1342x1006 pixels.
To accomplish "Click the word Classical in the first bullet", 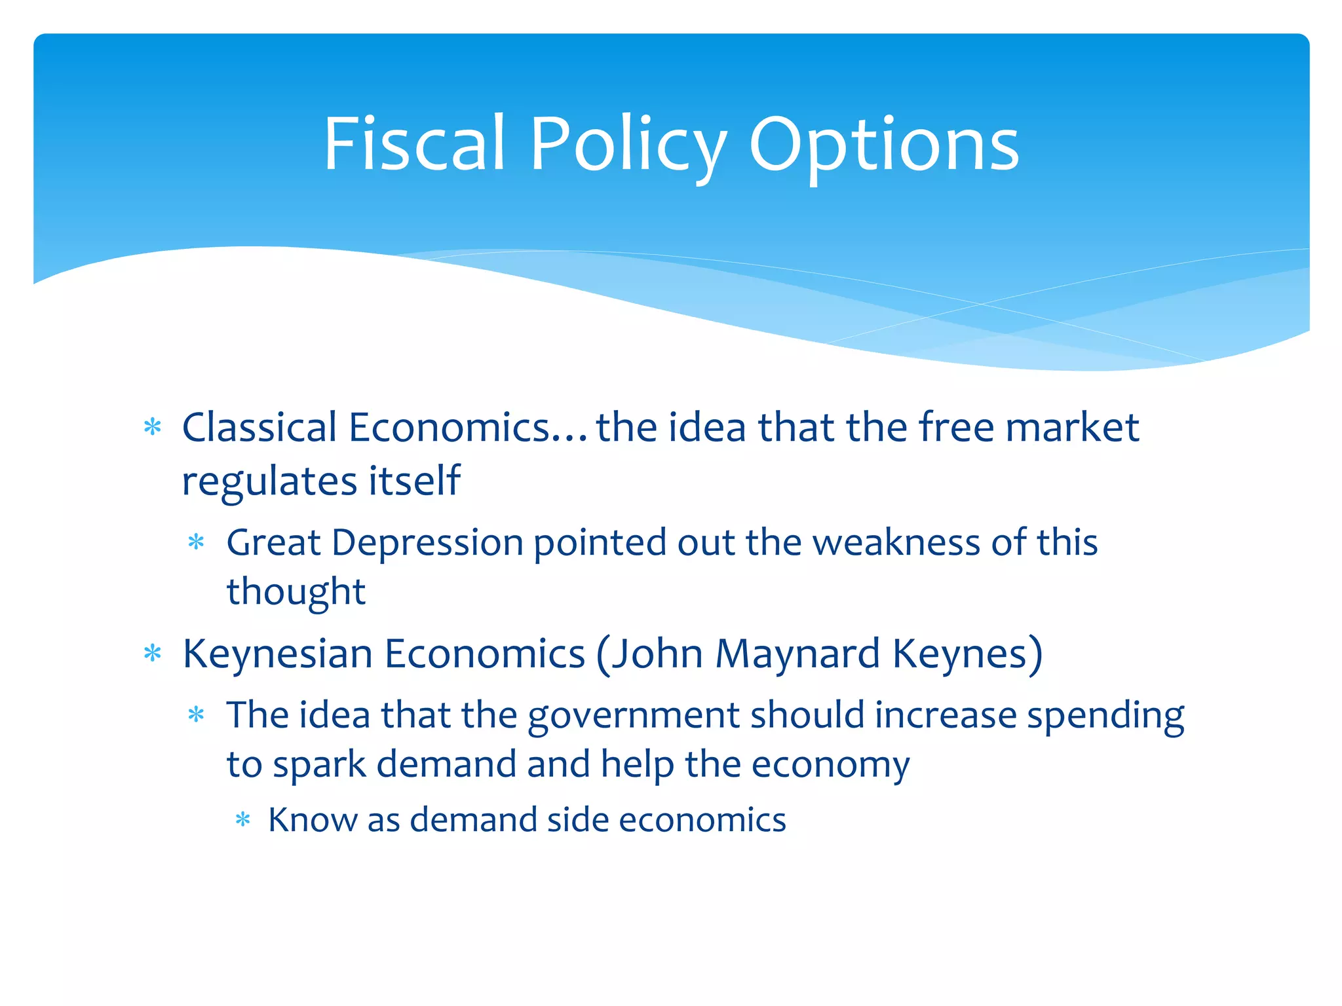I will (259, 428).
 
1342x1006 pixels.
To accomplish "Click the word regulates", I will (269, 481).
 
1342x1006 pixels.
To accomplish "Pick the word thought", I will (296, 592).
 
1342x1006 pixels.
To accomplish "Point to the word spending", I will (1105, 715).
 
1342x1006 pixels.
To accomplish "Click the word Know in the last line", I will (313, 820).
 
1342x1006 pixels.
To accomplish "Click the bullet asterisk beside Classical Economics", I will (153, 428).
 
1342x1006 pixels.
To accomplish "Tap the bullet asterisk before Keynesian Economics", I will (153, 653).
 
